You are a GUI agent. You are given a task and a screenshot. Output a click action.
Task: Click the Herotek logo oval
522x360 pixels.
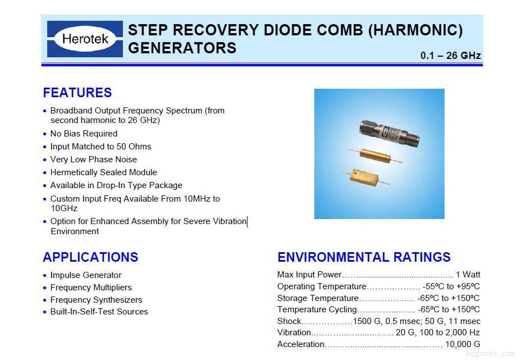coord(85,39)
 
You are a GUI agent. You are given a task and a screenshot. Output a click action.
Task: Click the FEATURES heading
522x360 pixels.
coord(77,93)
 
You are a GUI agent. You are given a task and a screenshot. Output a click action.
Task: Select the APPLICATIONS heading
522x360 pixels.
coord(90,257)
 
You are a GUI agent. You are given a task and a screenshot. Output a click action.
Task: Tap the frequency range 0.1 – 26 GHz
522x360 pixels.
coord(450,55)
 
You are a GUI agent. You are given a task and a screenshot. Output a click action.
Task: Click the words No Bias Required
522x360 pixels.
coord(84,134)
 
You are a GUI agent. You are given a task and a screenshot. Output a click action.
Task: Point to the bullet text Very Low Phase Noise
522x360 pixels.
coord(94,160)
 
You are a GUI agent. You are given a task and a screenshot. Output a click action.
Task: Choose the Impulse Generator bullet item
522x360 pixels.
coord(86,275)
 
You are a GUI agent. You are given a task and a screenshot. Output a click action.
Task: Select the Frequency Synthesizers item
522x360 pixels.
coord(96,300)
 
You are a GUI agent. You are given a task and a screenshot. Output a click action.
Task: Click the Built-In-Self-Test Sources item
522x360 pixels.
coord(99,312)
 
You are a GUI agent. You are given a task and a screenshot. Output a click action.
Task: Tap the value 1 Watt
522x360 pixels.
coord(468,275)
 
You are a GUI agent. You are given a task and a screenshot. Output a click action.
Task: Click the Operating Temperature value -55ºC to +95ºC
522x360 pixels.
coord(451,286)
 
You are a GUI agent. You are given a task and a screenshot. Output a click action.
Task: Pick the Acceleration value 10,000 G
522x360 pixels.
coord(463,344)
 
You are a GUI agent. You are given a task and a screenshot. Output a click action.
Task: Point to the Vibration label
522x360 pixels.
coord(294,332)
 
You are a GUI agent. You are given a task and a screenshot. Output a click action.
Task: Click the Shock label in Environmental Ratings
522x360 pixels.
coord(289,321)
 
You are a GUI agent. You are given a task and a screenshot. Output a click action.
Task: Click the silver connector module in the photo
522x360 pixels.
coord(389,134)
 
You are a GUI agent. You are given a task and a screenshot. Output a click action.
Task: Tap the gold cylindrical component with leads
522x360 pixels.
coord(375,156)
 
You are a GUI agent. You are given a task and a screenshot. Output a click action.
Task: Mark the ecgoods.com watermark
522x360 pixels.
coord(490,353)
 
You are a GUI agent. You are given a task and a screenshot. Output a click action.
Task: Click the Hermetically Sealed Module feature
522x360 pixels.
coord(103,172)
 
